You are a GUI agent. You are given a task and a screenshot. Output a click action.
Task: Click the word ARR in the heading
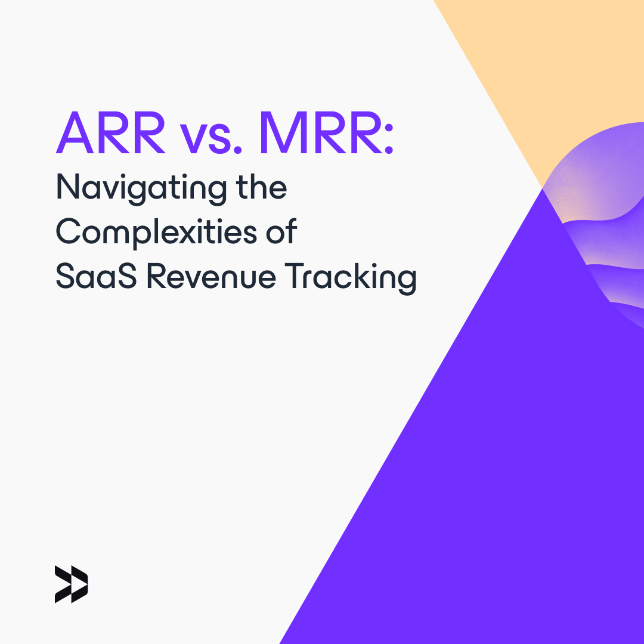pos(111,134)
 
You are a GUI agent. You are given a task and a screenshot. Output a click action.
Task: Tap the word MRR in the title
pos(319,134)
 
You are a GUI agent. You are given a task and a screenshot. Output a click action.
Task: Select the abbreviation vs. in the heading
pos(212,137)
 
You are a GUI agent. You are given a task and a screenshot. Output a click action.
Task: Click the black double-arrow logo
pos(71,584)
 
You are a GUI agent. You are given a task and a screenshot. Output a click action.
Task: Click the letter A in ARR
pos(73,134)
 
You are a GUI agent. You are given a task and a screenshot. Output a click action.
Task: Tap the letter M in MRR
pos(280,134)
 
